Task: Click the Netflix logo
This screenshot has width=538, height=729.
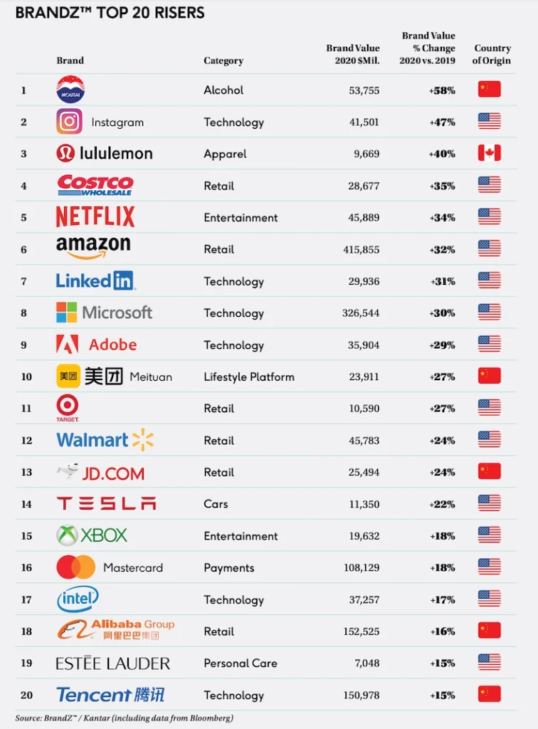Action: pyautogui.click(x=95, y=217)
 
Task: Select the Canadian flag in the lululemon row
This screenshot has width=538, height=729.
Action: pyautogui.click(x=490, y=153)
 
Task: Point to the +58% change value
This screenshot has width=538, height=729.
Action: pyautogui.click(x=442, y=90)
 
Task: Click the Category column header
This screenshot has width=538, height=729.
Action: pyautogui.click(x=223, y=61)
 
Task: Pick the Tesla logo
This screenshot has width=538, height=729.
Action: pyautogui.click(x=106, y=504)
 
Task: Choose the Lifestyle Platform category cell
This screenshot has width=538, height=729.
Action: pyautogui.click(x=248, y=377)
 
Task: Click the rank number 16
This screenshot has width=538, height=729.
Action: pyautogui.click(x=26, y=568)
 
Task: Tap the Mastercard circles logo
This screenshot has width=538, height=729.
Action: pyautogui.click(x=76, y=567)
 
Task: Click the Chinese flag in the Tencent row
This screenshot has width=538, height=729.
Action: pyautogui.click(x=490, y=694)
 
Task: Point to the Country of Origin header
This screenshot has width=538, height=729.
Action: pyautogui.click(x=492, y=55)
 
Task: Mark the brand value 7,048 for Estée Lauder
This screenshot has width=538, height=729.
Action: pyautogui.click(x=365, y=663)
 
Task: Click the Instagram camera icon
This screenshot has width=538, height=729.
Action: pyautogui.click(x=69, y=122)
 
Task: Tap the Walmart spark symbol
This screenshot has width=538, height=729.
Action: pyautogui.click(x=143, y=440)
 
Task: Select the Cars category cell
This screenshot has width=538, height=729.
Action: pyautogui.click(x=216, y=504)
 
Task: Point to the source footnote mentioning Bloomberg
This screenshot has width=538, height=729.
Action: pyautogui.click(x=125, y=718)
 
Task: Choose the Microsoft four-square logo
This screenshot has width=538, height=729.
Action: pyautogui.click(x=66, y=313)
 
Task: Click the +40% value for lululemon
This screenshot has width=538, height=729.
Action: pyautogui.click(x=442, y=154)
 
